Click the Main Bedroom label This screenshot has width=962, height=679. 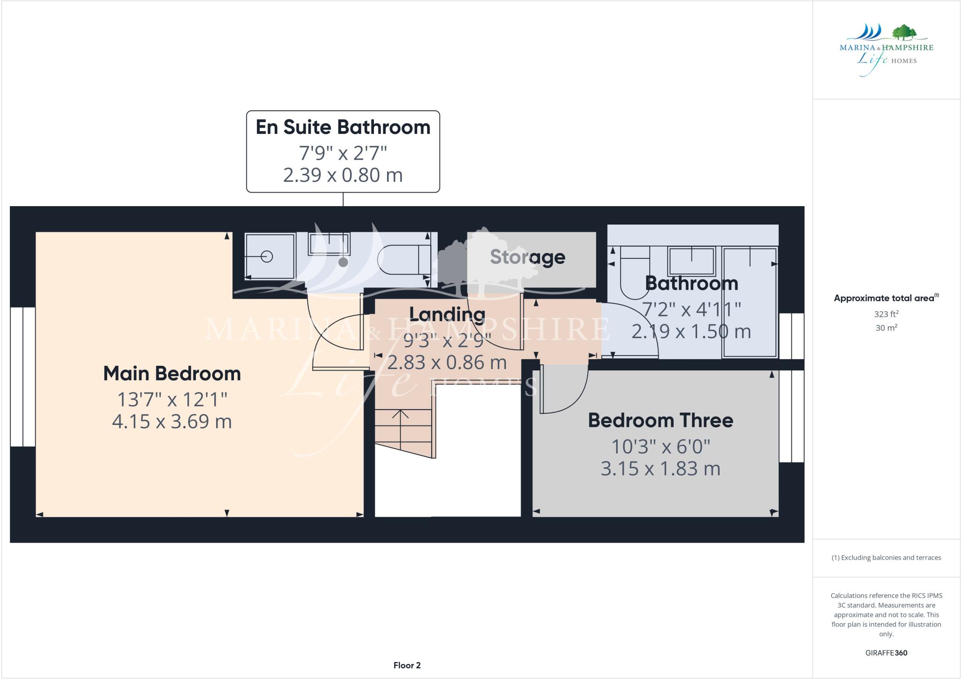[x=172, y=374]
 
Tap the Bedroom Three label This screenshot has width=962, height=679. [x=660, y=420]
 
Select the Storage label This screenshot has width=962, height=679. [x=528, y=257]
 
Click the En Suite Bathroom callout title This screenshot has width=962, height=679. [x=343, y=127]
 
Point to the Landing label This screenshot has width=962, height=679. [x=447, y=314]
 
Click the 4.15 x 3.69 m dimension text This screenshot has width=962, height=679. [x=172, y=421]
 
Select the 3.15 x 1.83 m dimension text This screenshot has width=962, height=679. [x=660, y=469]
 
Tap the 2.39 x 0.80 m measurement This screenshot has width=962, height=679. [x=343, y=175]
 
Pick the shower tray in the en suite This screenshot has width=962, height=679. [x=270, y=256]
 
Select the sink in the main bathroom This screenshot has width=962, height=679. [x=691, y=261]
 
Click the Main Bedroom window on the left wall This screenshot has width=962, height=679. [x=23, y=377]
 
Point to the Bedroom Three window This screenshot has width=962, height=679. [x=792, y=416]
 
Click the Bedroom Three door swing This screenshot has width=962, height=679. [x=564, y=390]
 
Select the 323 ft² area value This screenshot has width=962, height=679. [x=886, y=314]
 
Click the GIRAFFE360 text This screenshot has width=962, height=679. [x=886, y=653]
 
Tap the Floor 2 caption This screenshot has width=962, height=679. [x=407, y=665]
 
